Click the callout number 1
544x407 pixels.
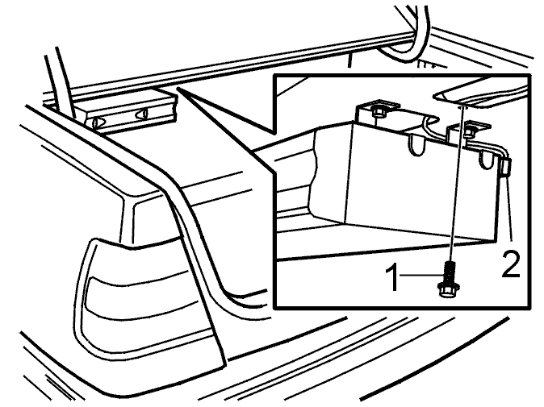[x=394, y=277]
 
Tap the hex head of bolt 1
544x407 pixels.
[x=446, y=289]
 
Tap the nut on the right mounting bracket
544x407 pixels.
[x=469, y=131]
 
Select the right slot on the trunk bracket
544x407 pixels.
[x=143, y=114]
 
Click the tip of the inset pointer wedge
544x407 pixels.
[x=177, y=88]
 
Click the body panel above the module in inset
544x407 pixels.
[x=482, y=93]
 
